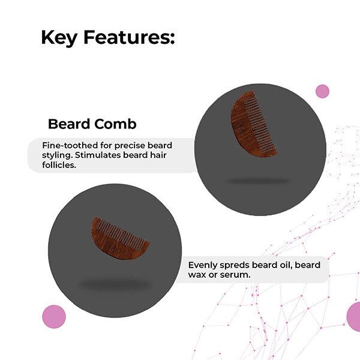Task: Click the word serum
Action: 237,275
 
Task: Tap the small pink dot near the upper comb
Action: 322,91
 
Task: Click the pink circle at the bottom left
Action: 53,316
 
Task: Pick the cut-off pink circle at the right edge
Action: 354,316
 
